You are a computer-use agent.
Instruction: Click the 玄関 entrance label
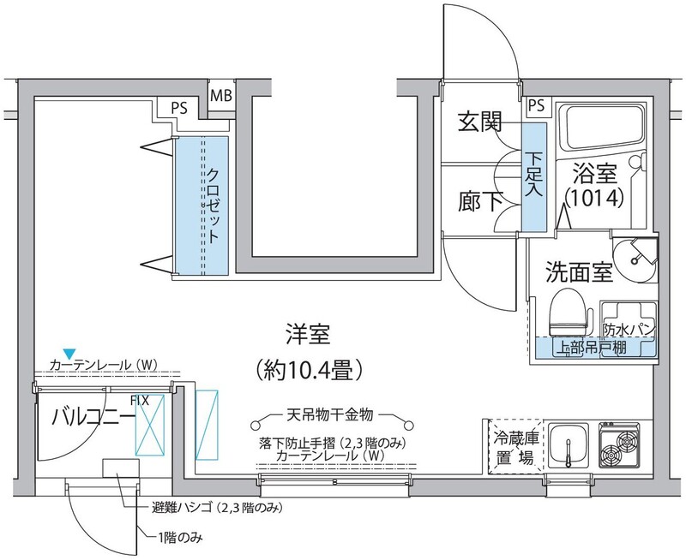click(x=479, y=122)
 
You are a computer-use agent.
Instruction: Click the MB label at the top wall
click(x=220, y=94)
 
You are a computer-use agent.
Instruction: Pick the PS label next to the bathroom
click(x=536, y=105)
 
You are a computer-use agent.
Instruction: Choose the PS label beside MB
click(x=179, y=109)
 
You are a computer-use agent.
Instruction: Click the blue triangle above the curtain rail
click(x=69, y=352)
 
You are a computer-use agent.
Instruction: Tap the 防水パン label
click(x=629, y=329)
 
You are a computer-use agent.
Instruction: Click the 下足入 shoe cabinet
click(x=533, y=176)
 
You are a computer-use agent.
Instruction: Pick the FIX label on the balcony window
click(x=141, y=399)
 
